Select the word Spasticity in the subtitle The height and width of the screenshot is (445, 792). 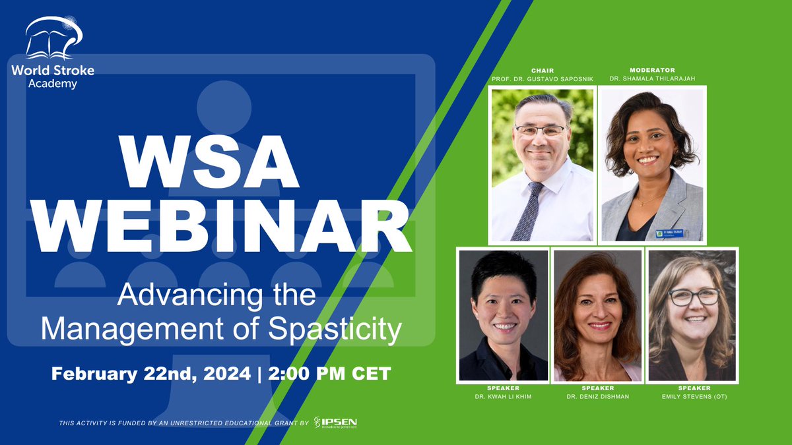click(x=335, y=329)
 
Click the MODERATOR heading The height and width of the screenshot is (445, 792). click(x=652, y=69)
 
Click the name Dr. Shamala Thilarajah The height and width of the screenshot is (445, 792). click(x=652, y=78)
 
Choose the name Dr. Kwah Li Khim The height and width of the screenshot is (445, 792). click(x=503, y=396)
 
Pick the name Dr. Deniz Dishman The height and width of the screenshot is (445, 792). click(x=597, y=396)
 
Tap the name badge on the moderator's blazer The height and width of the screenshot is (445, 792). click(x=669, y=233)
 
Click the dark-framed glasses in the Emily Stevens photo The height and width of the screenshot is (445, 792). click(x=693, y=297)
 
